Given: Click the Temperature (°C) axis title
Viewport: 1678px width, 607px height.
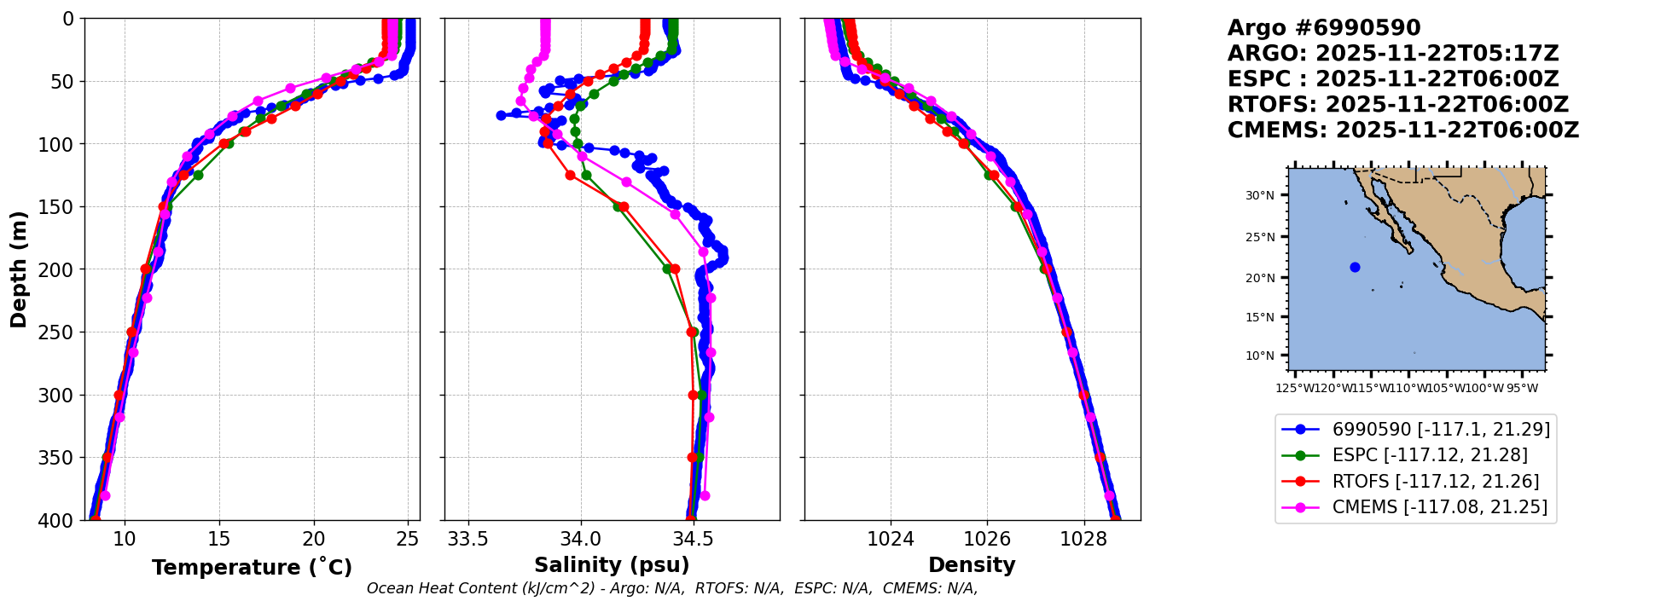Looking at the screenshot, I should click(252, 568).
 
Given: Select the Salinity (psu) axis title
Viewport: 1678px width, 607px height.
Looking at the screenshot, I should click(612, 565).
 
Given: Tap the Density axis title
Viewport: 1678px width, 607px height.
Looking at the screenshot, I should click(972, 565).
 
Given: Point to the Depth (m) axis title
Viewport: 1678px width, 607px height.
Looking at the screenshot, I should click(19, 269).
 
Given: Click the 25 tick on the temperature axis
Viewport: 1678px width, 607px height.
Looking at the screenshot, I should click(408, 539).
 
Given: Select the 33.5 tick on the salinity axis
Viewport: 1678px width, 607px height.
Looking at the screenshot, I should click(468, 539).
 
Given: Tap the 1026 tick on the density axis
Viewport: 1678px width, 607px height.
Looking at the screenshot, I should click(987, 539).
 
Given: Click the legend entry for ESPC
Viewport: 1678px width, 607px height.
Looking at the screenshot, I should click(1429, 455).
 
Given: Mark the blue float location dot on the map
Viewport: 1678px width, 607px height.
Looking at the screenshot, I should click(1355, 268).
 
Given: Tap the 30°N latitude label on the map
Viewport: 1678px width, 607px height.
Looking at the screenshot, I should click(1259, 195).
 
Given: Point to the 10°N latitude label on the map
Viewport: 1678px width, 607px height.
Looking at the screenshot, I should click(1259, 356).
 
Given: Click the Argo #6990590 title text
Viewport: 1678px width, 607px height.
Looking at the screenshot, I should click(1323, 28).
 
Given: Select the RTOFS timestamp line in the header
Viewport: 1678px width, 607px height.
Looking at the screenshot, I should click(1397, 105).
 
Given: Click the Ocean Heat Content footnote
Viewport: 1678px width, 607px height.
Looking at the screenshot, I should click(672, 588).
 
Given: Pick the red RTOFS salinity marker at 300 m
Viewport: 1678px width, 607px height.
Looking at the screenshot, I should click(694, 395).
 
